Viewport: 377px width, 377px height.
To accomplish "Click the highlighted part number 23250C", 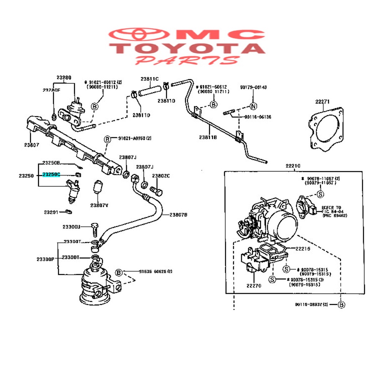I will click(51, 174).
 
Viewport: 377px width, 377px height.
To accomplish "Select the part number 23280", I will click(64, 77).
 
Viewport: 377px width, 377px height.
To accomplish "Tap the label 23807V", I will click(99, 205).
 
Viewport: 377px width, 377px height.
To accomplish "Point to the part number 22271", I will click(323, 101).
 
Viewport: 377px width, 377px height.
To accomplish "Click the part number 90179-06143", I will click(253, 88).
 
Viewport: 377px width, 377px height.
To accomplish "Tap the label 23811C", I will click(150, 78).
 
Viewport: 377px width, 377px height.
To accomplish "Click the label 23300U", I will click(71, 227).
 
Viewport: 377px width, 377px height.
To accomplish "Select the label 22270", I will click(253, 286).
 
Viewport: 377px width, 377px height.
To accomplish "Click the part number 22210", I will click(293, 166).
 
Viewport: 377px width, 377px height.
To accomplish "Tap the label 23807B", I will click(178, 215).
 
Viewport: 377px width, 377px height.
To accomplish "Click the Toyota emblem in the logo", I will click(137, 35).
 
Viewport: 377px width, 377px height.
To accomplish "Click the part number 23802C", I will click(161, 176).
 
